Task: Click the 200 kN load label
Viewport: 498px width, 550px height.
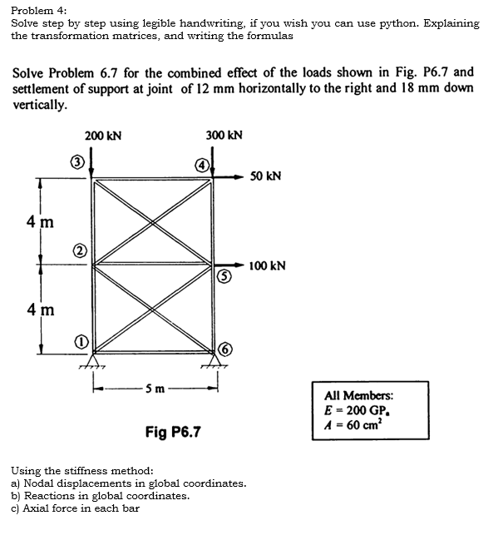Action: pyautogui.click(x=103, y=136)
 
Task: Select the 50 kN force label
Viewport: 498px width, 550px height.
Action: pyautogui.click(x=265, y=176)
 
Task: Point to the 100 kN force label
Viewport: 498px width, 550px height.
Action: pyautogui.click(x=268, y=266)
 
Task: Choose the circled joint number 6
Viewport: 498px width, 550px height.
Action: pyautogui.click(x=224, y=349)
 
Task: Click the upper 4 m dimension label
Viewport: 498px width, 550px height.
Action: pyautogui.click(x=40, y=222)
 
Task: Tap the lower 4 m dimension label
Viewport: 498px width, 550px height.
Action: pyautogui.click(x=40, y=310)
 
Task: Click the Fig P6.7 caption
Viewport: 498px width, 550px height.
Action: pyautogui.click(x=173, y=432)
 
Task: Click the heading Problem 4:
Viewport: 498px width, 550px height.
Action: pyautogui.click(x=39, y=10)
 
